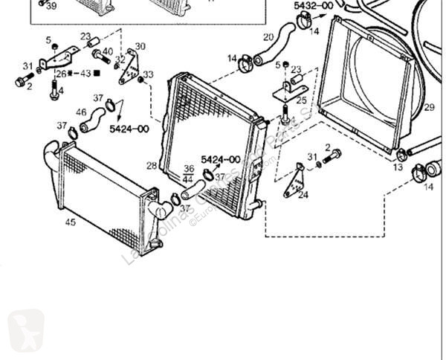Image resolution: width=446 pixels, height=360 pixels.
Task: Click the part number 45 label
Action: [70, 221]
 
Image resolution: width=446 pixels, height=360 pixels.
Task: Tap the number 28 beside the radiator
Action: [152, 166]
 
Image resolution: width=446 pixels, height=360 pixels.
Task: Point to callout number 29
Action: [429, 108]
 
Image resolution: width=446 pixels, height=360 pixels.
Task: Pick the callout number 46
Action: [81, 112]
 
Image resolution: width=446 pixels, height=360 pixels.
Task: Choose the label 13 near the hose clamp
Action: [398, 168]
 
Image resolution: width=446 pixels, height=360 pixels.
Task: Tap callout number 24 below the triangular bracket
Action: [303, 196]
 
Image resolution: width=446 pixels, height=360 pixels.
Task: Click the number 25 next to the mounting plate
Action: [301, 100]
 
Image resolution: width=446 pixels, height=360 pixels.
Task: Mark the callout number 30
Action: [140, 46]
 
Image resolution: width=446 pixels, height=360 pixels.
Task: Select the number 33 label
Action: [148, 74]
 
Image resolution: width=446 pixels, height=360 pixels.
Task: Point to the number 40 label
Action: [108, 51]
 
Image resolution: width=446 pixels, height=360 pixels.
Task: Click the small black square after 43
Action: [97, 73]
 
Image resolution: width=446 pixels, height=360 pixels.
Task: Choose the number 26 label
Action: [60, 73]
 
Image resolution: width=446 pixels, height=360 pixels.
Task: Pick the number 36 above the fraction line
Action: [188, 169]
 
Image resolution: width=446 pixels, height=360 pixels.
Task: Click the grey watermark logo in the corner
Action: [25, 330]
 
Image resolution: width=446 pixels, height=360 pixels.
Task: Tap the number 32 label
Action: [120, 59]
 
